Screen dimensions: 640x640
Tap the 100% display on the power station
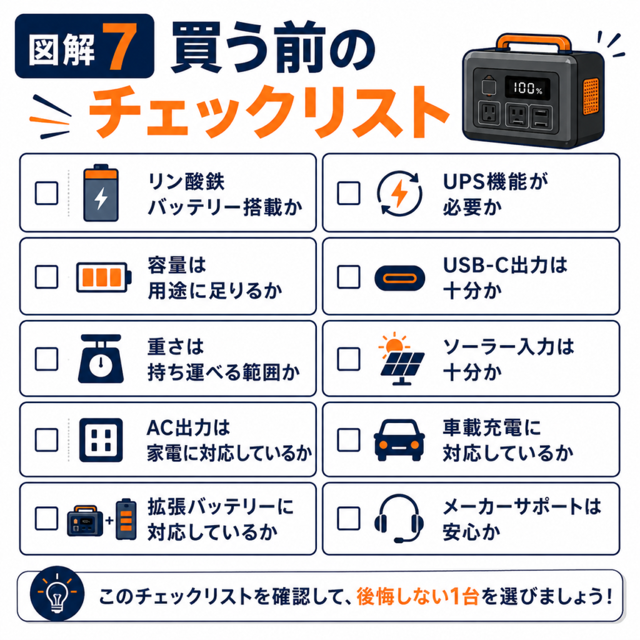527,87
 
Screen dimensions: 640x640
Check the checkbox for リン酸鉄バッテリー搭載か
46,192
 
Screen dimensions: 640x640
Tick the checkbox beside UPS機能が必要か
349,192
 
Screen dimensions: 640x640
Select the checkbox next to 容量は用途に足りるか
46,277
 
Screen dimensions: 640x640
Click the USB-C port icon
399,278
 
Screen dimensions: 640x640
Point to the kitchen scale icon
101,359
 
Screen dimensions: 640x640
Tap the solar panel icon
402,359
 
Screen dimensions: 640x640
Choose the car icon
399,440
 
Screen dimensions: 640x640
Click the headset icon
399,519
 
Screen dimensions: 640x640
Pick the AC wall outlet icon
101,440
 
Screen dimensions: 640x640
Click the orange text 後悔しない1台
417,597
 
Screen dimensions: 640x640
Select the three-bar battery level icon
104,277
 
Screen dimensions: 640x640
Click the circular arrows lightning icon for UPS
399,193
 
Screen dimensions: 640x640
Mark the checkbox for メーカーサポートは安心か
349,518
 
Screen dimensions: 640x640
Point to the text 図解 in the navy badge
62,50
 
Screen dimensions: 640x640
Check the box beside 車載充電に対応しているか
349,439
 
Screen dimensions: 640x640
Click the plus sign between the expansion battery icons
109,521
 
